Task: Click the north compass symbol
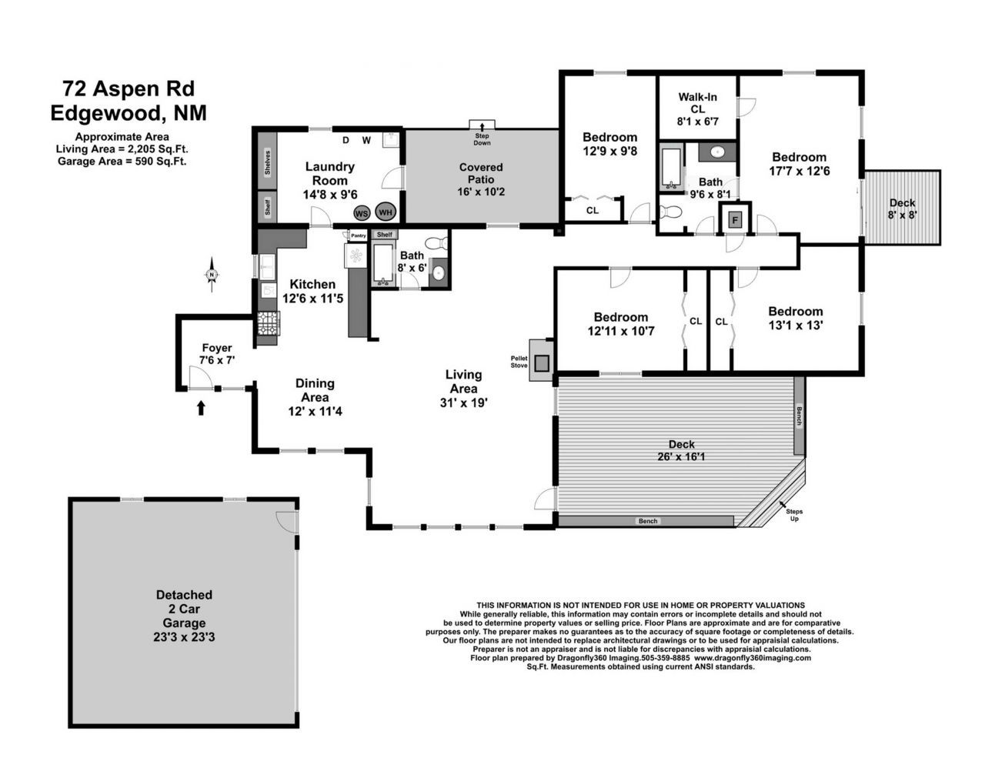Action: (x=211, y=275)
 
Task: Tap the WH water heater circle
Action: (x=386, y=212)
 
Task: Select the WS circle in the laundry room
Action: (x=362, y=213)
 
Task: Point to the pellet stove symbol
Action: (x=542, y=360)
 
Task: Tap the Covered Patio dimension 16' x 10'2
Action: (x=480, y=192)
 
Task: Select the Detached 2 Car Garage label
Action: (x=184, y=616)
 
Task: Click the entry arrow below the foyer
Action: (x=201, y=407)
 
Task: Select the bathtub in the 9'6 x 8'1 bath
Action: (x=669, y=168)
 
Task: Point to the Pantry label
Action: (x=359, y=235)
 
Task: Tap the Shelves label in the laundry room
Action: (x=267, y=163)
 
